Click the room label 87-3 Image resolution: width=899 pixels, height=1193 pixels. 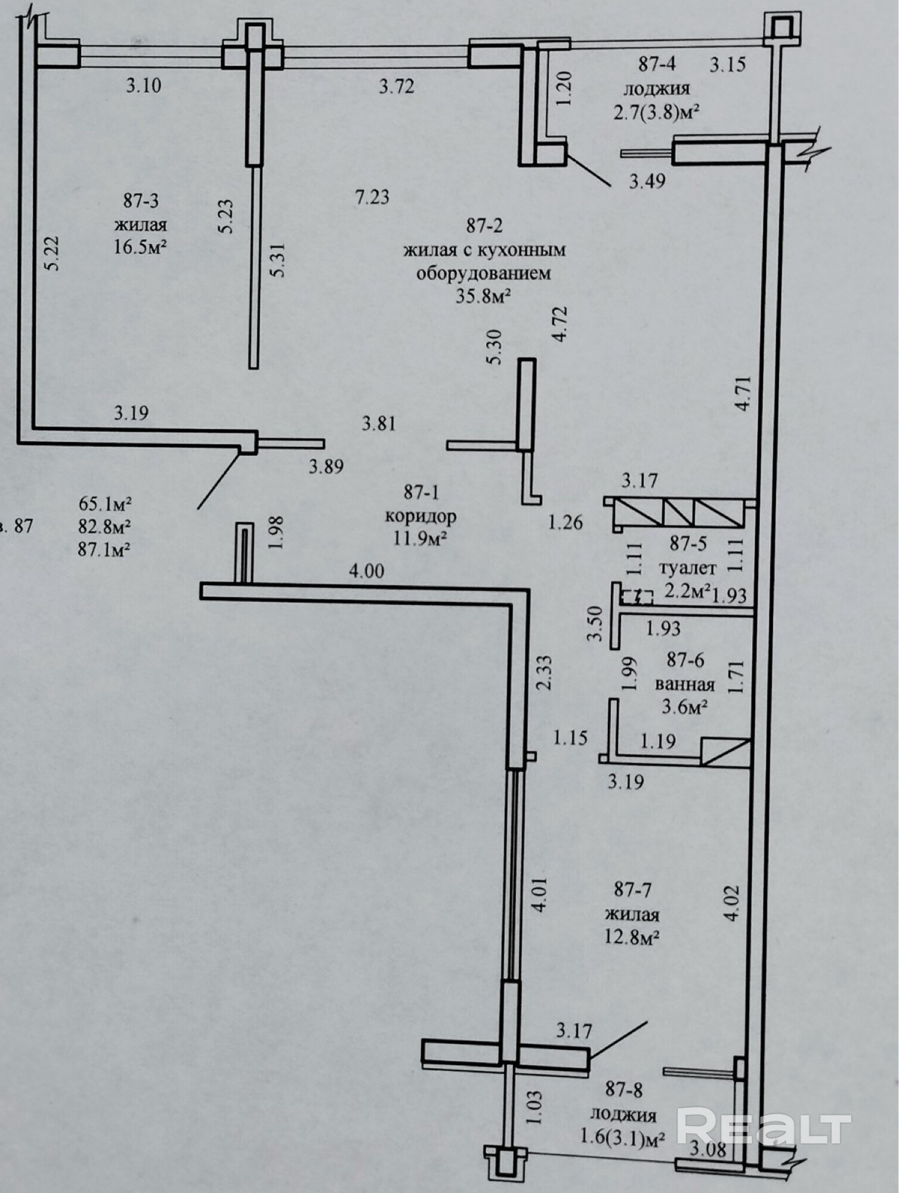tap(141, 200)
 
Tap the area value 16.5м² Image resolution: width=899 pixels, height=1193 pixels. tap(140, 247)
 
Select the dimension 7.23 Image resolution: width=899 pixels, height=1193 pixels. tap(372, 197)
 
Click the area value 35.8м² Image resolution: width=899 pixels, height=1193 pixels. tap(484, 296)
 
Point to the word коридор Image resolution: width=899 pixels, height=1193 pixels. tap(421, 516)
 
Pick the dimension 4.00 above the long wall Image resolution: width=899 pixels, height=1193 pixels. tap(366, 571)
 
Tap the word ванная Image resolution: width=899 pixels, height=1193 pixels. tap(685, 684)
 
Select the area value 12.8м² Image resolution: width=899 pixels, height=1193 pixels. tap(632, 938)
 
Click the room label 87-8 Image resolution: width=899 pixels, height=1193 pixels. tap(623, 1090)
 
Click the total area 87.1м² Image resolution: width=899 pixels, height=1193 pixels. tap(104, 549)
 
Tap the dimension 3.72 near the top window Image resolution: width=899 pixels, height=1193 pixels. tap(397, 87)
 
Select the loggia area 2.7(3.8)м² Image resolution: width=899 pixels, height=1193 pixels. tap(656, 112)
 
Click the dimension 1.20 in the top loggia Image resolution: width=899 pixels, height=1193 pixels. tap(564, 88)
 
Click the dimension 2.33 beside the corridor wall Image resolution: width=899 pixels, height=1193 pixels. tap(543, 673)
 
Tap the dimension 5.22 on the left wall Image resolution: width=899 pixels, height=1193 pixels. tap(52, 254)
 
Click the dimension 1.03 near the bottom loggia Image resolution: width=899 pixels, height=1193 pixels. tap(535, 1107)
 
